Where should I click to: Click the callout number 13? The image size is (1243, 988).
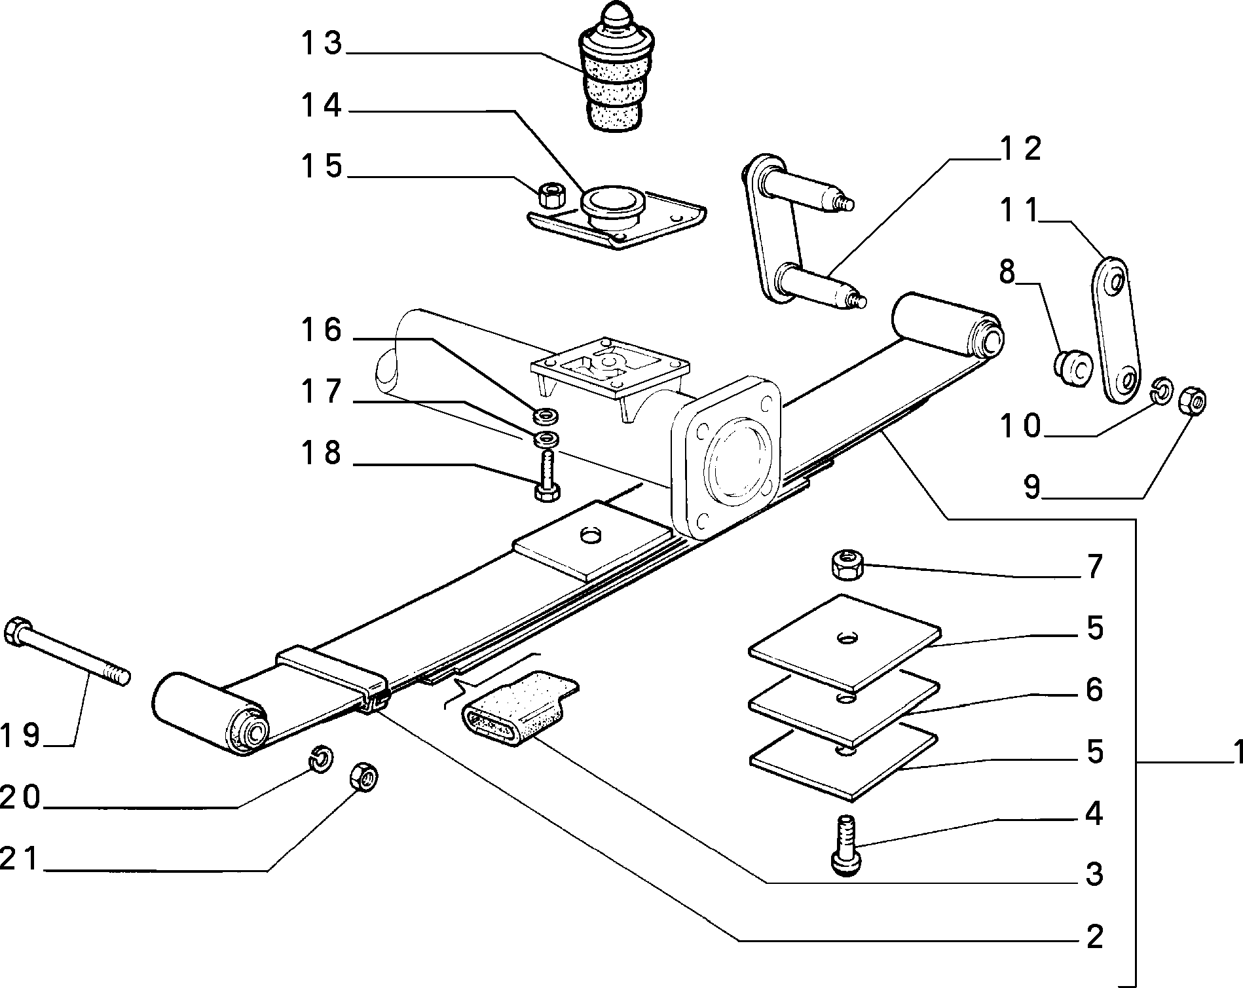(x=322, y=43)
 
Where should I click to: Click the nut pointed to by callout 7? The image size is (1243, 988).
(x=847, y=565)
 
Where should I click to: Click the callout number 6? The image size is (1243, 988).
(x=1094, y=689)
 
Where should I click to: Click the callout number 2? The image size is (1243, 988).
(x=1094, y=937)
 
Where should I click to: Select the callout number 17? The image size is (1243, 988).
(x=322, y=391)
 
